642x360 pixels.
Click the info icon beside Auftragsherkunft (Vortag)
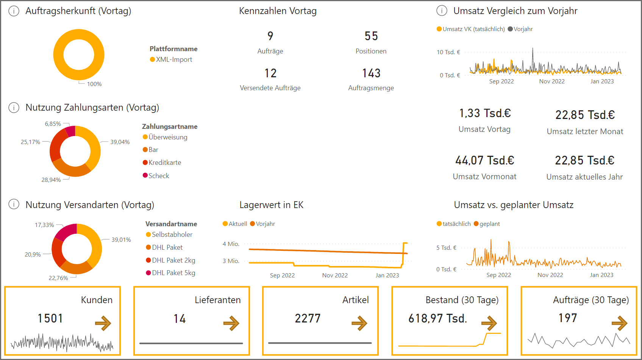[14, 11]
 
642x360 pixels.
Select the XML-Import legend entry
[173, 59]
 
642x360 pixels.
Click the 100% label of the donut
[94, 84]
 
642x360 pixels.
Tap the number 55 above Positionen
[371, 36]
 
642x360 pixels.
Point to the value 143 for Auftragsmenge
[371, 73]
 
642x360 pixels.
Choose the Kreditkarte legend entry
[164, 163]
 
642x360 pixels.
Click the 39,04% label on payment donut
[120, 142]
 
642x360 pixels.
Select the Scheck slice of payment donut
[70, 131]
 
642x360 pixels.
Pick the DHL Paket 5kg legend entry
[173, 273]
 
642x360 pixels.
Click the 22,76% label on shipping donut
[58, 278]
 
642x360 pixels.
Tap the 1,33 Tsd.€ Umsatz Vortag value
[485, 113]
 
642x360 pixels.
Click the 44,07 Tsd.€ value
[484, 161]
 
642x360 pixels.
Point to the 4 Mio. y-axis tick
[231, 244]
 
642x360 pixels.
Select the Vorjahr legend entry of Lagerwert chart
[265, 224]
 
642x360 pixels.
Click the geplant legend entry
[489, 224]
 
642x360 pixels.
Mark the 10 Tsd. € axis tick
[448, 52]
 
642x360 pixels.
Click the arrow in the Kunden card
[103, 323]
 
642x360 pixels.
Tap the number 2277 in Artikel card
[308, 318]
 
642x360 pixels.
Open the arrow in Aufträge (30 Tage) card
[619, 323]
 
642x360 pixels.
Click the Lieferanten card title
[217, 300]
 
